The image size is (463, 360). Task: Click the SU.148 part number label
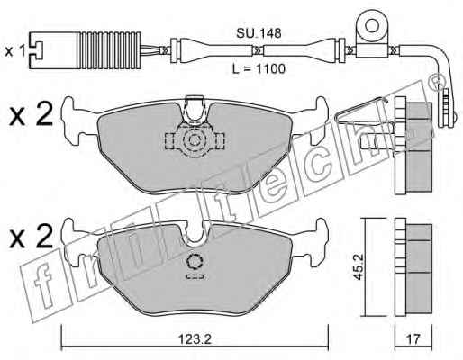coord(259,33)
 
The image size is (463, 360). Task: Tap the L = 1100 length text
coord(259,69)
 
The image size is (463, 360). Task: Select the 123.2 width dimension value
coord(195,339)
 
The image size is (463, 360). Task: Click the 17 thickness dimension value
coord(413,339)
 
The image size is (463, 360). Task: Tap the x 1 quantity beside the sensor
coord(15,51)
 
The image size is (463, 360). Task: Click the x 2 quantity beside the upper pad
coord(31,114)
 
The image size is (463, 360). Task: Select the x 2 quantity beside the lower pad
coord(31,236)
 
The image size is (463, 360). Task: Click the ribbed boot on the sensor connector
coord(109,50)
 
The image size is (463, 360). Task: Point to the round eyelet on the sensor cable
coord(372,26)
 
